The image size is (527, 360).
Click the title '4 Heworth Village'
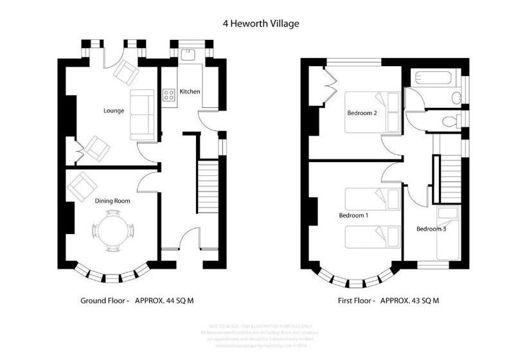pyautogui.click(x=262, y=24)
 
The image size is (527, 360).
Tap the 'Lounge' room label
pyautogui.click(x=114, y=111)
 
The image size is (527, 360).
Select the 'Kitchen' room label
pyautogui.click(x=190, y=91)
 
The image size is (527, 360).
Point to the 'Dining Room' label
pyautogui.click(x=112, y=201)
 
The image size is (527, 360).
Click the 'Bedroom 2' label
pyautogui.click(x=362, y=113)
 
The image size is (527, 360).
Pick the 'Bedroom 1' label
pyautogui.click(x=353, y=215)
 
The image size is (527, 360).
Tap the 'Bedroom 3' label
pyautogui.click(x=431, y=229)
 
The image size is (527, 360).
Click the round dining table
pyautogui.click(x=112, y=230)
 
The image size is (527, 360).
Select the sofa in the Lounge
pyautogui.click(x=143, y=114)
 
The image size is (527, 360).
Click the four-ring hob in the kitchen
pyautogui.click(x=169, y=95)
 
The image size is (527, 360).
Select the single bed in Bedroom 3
pyautogui.click(x=448, y=233)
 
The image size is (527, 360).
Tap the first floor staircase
pyautogui.click(x=449, y=179)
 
